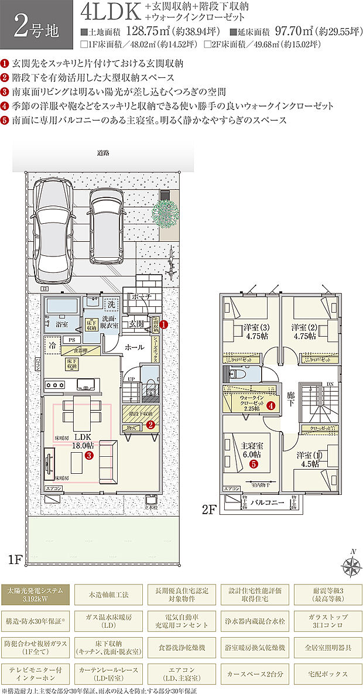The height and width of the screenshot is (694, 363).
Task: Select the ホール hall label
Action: pyautogui.click(x=135, y=347)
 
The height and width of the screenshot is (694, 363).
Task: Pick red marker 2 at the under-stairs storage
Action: pyautogui.click(x=150, y=425)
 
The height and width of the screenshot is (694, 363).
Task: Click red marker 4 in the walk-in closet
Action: pyautogui.click(x=270, y=405)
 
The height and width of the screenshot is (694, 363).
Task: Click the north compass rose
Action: pyautogui.click(x=352, y=565)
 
